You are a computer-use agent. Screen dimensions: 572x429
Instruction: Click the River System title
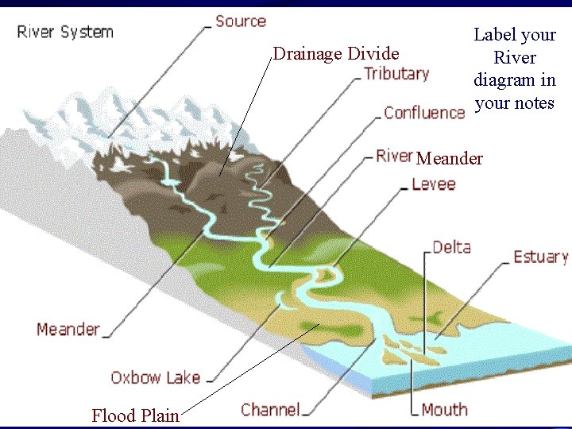click(x=65, y=33)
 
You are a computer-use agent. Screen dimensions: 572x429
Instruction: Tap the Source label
click(x=240, y=21)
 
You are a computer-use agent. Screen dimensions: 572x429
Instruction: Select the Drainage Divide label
click(x=335, y=54)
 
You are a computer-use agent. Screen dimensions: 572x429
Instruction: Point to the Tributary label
click(x=396, y=74)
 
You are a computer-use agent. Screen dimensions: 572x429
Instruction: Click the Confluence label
click(x=423, y=113)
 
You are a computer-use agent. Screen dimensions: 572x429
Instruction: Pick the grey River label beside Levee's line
click(x=394, y=156)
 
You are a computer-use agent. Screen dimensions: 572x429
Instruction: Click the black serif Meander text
click(x=449, y=159)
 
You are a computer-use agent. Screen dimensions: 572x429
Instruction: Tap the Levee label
click(x=434, y=184)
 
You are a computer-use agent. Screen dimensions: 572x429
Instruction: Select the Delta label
click(x=451, y=248)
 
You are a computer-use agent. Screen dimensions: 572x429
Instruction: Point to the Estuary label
click(x=540, y=257)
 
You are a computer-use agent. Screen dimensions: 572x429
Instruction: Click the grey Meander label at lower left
click(x=68, y=329)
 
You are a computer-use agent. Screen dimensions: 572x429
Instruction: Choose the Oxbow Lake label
click(x=155, y=377)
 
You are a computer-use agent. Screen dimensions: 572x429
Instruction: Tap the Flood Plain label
click(x=135, y=415)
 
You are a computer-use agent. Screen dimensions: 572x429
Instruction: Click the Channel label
click(x=270, y=410)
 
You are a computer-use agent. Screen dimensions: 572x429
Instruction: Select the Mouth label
click(x=444, y=410)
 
